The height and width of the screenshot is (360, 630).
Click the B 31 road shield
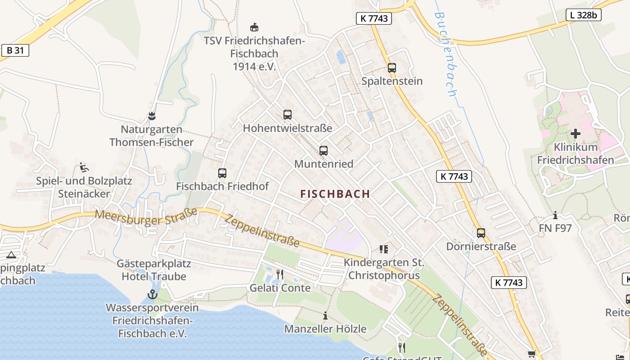[x=15, y=50]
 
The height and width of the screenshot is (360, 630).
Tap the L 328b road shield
[x=583, y=15]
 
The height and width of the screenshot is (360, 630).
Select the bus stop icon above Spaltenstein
[x=392, y=68]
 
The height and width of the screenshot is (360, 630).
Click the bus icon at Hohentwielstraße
[x=288, y=115]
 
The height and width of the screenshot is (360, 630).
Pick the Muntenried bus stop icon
[x=324, y=151]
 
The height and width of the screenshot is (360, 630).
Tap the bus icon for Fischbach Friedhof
[x=222, y=173]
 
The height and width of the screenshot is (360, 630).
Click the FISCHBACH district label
[x=335, y=194]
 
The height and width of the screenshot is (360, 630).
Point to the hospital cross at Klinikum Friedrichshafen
[x=575, y=134]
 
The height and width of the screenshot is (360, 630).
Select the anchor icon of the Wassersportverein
[x=153, y=295]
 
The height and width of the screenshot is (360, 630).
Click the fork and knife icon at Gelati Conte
[x=280, y=274]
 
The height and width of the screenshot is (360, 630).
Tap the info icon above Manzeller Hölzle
[x=325, y=315]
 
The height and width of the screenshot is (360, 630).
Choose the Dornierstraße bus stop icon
[x=481, y=233]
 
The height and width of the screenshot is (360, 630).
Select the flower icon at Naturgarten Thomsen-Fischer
[x=152, y=116]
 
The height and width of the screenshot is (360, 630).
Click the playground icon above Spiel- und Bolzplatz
[x=84, y=167]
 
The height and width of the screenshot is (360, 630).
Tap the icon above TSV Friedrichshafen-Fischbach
[x=254, y=27]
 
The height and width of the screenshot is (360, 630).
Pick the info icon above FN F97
[x=555, y=215]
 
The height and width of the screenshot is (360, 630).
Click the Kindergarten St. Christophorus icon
[x=384, y=248]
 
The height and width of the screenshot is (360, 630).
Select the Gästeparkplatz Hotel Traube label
[x=154, y=270]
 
